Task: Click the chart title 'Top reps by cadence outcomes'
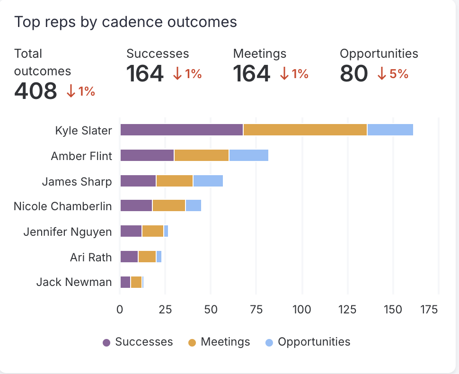(x=125, y=22)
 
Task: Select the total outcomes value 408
(x=35, y=91)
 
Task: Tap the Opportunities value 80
(x=353, y=73)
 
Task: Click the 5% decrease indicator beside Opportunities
(x=393, y=74)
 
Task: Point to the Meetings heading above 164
(x=259, y=53)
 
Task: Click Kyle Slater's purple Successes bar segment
(x=181, y=130)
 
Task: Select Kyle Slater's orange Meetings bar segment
(x=305, y=130)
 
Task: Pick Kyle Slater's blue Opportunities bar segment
(x=390, y=130)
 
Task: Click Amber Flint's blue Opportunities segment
(x=248, y=155)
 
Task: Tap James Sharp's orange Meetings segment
(x=174, y=181)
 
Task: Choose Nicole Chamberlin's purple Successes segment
(x=136, y=205)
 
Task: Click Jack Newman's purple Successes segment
(x=125, y=282)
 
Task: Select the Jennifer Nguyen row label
(x=68, y=232)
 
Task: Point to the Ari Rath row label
(x=91, y=257)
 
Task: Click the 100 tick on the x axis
(x=302, y=310)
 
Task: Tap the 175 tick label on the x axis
(x=429, y=310)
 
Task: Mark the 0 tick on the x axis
(x=120, y=310)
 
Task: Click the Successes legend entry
(x=138, y=342)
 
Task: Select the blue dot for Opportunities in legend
(x=269, y=342)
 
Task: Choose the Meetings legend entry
(x=219, y=342)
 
